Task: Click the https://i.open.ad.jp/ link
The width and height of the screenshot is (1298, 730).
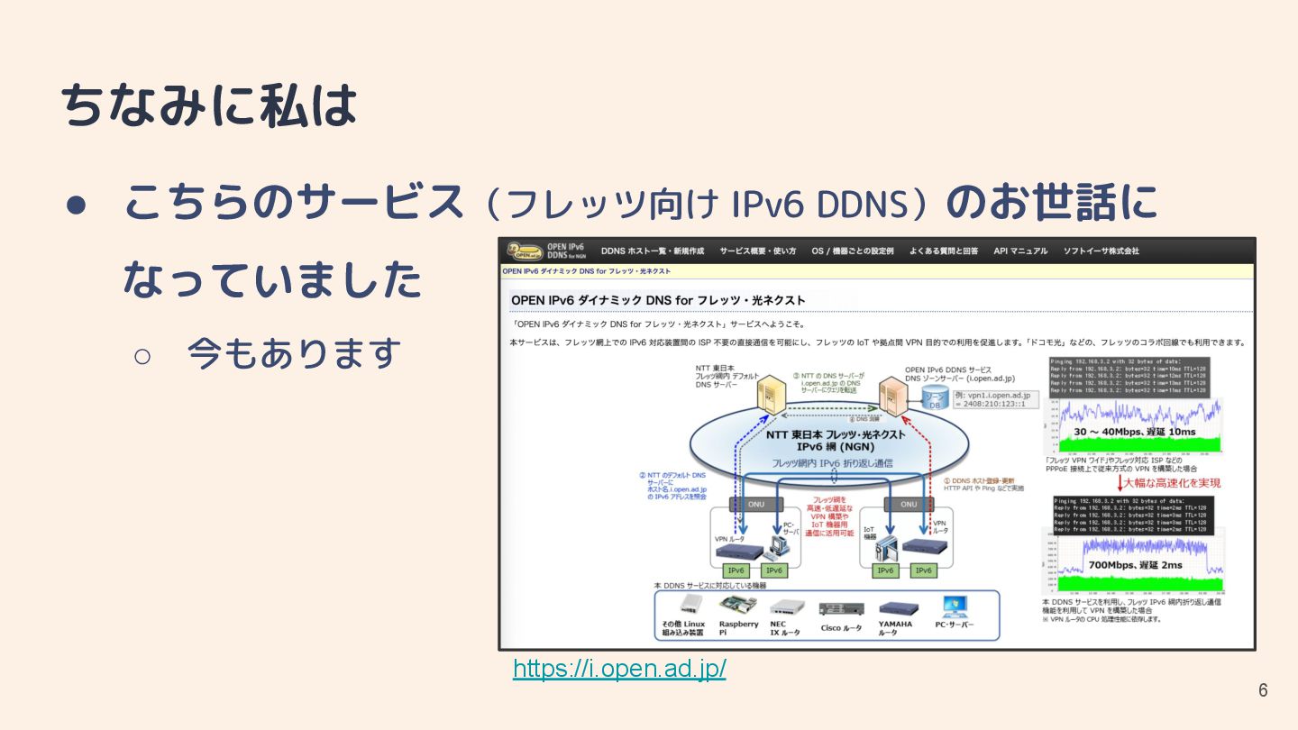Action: pos(619,669)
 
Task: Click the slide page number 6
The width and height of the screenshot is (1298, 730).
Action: pos(1263,690)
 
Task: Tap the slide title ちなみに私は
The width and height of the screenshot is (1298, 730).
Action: pos(210,106)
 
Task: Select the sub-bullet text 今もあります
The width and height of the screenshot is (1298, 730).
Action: pos(294,353)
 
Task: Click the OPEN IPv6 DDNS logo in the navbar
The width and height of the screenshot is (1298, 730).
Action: pos(545,251)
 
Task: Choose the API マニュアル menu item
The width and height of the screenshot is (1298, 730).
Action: pos(1020,251)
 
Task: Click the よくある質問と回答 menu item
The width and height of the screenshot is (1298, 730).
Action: pos(944,251)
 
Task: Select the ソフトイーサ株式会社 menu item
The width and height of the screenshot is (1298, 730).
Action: pos(1101,251)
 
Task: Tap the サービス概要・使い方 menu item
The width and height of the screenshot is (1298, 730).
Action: pos(757,251)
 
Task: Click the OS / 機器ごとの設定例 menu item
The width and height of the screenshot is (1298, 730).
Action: pos(852,251)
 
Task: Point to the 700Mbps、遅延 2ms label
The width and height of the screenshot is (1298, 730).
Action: pos(1135,565)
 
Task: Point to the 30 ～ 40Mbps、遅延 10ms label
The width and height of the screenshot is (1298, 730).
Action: pos(1134,432)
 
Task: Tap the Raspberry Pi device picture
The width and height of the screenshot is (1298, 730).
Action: pos(738,605)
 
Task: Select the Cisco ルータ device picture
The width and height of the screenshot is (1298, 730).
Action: pos(842,608)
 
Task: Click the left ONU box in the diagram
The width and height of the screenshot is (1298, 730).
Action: pos(755,505)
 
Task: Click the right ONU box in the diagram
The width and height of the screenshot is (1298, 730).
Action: pos(909,505)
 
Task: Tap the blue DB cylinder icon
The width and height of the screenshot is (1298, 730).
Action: pos(934,399)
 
